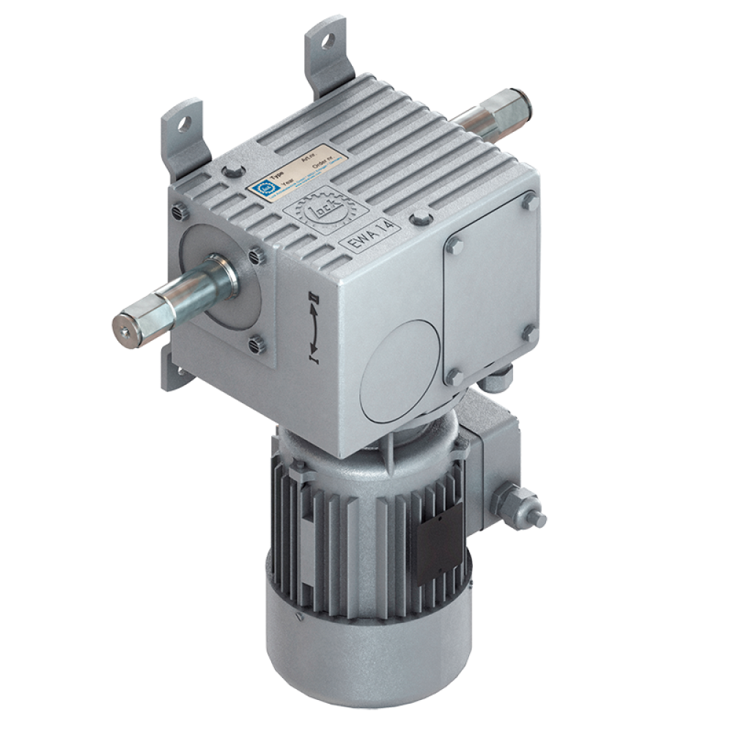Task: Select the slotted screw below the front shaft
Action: coord(255,342)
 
